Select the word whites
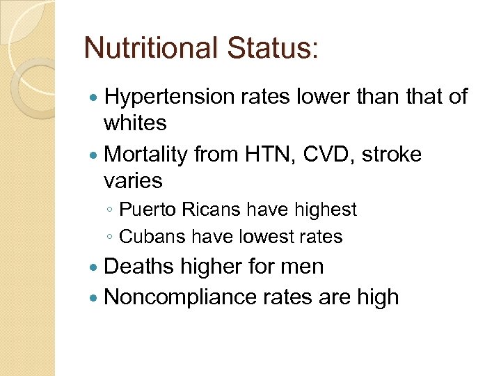pyautogui.click(x=135, y=123)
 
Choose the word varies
pyautogui.click(x=133, y=180)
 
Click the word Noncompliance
pyautogui.click(x=180, y=297)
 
